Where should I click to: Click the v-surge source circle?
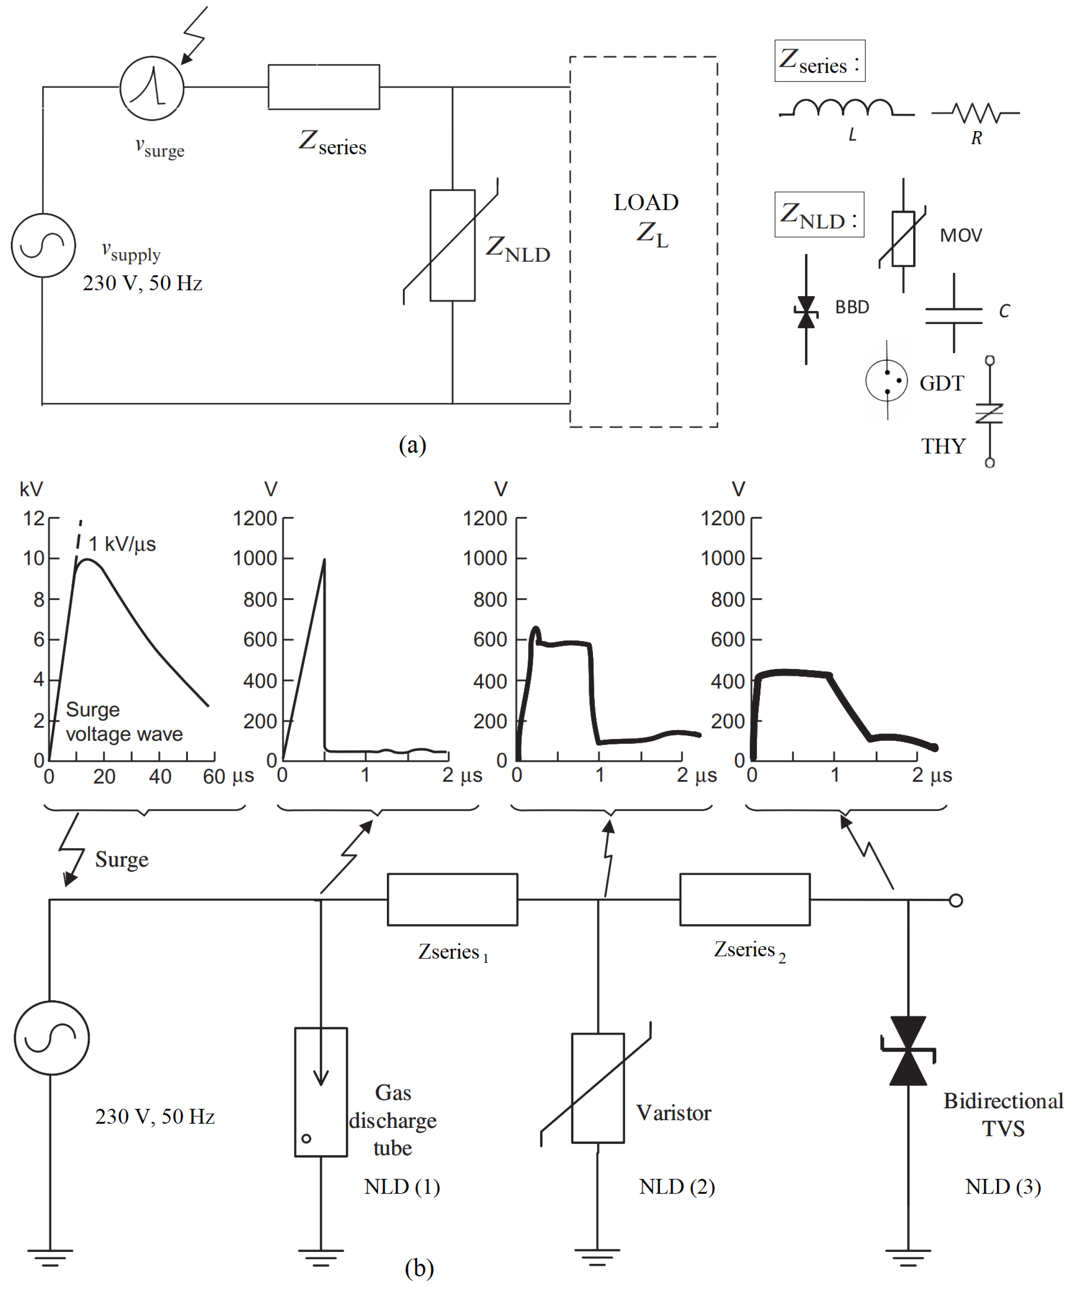coord(152,88)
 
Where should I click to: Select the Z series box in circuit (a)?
coord(324,87)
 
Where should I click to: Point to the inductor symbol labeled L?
coord(844,108)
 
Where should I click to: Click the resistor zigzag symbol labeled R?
coord(976,113)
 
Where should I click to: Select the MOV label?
coord(960,235)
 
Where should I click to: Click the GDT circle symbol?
coord(886,381)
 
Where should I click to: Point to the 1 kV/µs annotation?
coord(122,544)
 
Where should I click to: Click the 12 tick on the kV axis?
coord(34,518)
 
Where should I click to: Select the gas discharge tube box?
coord(321,1092)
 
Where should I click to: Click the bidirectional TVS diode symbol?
coord(908,1051)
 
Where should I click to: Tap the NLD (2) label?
coord(677,1187)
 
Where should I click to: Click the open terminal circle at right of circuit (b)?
coord(955,901)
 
